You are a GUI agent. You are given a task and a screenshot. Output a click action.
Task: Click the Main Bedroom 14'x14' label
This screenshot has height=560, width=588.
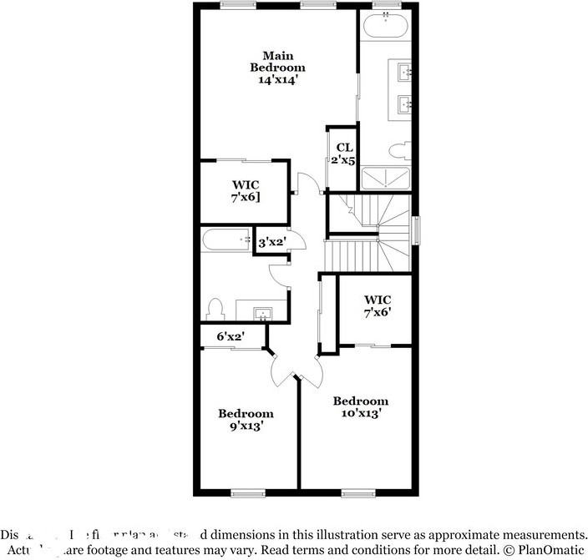279,68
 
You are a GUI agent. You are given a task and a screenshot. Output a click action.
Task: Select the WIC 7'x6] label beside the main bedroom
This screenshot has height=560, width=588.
246,190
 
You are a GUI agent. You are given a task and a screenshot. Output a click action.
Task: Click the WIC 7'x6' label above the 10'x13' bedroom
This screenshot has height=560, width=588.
378,305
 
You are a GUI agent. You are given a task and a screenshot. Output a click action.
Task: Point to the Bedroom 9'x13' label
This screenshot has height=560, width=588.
246,419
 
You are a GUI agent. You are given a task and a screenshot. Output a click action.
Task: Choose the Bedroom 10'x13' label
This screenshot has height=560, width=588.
361,406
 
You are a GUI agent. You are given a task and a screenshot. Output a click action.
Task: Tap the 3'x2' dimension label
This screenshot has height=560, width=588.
272,242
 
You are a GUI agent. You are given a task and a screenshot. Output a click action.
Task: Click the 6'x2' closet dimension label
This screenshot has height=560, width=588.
230,336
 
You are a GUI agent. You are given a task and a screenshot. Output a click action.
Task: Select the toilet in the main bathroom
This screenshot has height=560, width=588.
399,151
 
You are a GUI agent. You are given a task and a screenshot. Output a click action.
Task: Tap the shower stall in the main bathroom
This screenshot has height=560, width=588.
385,177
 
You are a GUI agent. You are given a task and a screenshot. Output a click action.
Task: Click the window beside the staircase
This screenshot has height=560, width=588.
416,230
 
